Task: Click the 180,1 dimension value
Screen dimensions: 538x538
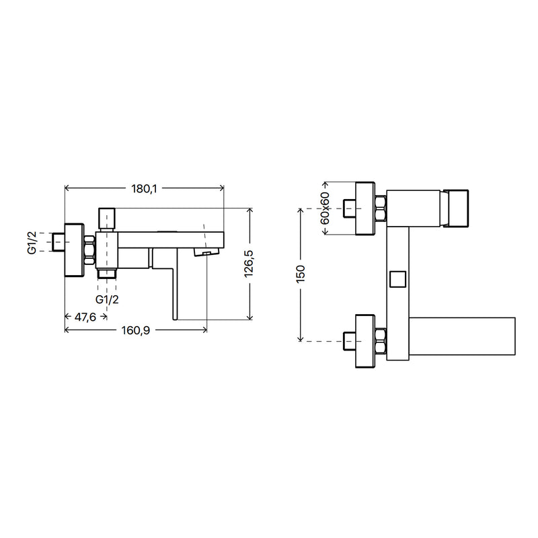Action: (144, 188)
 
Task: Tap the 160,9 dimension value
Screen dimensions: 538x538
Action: (136, 330)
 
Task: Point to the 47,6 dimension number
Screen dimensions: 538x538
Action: (85, 317)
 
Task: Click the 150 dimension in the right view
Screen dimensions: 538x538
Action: (300, 274)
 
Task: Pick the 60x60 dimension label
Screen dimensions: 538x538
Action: (325, 208)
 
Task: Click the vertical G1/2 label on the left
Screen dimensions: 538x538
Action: (32, 243)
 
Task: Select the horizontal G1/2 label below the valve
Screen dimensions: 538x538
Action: (107, 299)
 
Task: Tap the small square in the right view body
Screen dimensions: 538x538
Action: (398, 279)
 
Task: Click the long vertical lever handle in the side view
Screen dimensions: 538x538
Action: (175, 284)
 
